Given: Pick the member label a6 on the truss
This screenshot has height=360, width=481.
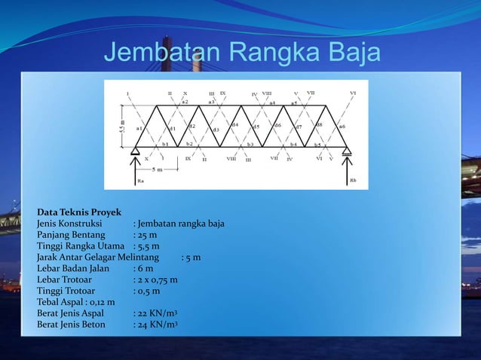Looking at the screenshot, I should (342, 127).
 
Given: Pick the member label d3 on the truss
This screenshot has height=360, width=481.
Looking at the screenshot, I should (216, 130).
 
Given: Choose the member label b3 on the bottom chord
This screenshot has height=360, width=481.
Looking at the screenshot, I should (250, 144).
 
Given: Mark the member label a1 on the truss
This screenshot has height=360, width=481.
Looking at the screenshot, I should (139, 128).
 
